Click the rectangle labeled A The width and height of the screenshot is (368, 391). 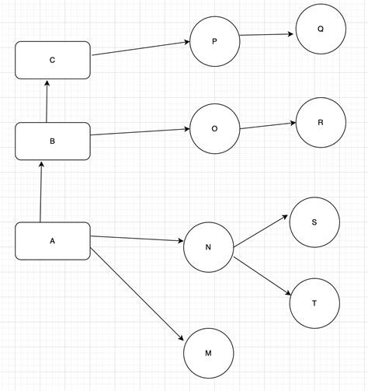click(53, 241)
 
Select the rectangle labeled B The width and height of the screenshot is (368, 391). click(53, 141)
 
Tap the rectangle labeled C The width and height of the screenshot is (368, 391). click(53, 61)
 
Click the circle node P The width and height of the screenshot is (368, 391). click(215, 41)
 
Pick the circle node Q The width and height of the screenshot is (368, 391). click(320, 30)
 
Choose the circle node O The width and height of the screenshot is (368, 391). click(215, 128)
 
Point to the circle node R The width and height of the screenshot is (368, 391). click(320, 123)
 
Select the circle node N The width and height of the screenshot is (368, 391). click(208, 247)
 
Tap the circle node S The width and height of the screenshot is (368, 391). click(314, 222)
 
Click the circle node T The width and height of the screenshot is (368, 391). click(314, 302)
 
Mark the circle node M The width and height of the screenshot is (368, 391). click(208, 353)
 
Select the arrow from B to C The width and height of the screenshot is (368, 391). click(47, 100)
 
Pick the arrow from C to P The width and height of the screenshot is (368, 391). click(141, 48)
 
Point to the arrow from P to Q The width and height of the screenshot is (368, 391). click(267, 34)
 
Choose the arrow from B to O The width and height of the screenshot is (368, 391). click(141, 132)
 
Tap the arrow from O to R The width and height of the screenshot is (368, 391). click(268, 125)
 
